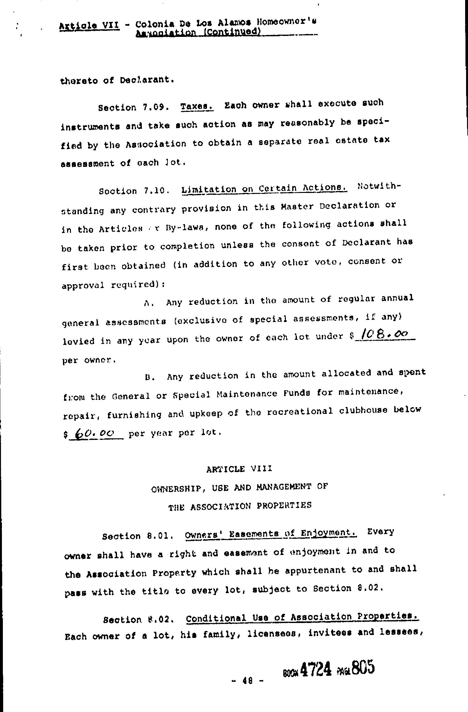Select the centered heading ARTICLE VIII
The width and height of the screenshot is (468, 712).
click(239, 469)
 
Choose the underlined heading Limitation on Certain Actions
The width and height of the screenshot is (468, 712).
click(264, 189)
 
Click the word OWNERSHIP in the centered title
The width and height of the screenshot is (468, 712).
click(175, 488)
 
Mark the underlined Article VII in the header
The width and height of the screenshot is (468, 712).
click(89, 25)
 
